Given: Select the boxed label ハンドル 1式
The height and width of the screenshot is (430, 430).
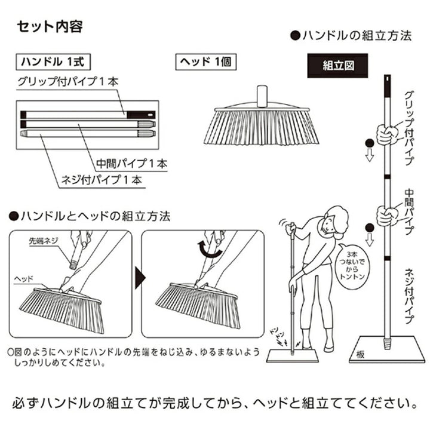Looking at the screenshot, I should [x=54, y=62].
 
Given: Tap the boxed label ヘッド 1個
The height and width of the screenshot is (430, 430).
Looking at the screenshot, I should [x=202, y=62].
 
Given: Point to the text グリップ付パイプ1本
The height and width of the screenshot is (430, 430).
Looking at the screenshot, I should [x=69, y=82].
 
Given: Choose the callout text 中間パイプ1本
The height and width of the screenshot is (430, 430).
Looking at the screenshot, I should [x=132, y=162].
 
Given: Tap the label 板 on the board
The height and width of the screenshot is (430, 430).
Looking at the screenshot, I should [x=361, y=352].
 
